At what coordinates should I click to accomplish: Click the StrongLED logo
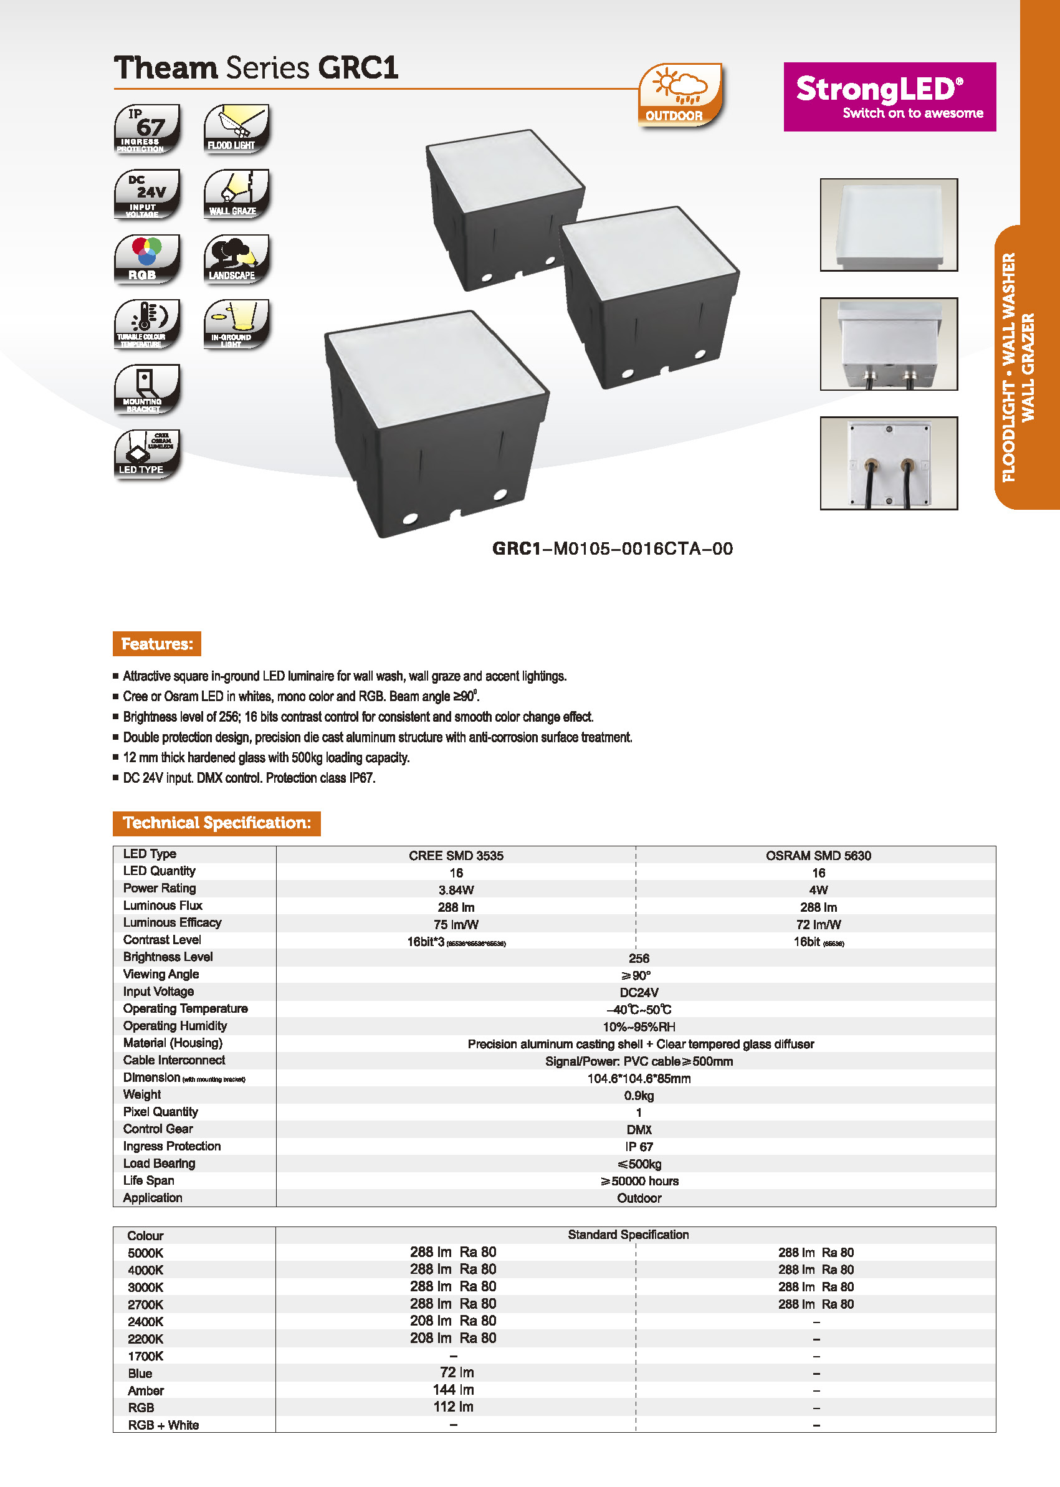889,97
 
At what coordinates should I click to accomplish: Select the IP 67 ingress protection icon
147,128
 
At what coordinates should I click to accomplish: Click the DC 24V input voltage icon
147,194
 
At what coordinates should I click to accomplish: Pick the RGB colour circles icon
147,259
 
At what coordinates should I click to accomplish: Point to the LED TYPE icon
147,454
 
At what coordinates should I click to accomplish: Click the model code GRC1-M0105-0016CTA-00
612,548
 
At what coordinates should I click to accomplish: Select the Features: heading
156,644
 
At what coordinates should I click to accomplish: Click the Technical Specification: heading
217,823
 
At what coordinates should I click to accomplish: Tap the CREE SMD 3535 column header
456,855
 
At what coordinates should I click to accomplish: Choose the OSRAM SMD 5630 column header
818,855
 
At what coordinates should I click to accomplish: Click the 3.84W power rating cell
456,890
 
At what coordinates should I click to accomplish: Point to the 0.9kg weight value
638,1096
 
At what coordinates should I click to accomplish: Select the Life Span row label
149,1180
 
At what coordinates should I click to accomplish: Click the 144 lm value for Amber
454,1389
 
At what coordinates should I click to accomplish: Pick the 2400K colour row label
146,1321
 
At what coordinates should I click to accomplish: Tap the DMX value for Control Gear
638,1129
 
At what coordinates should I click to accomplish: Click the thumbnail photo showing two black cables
889,463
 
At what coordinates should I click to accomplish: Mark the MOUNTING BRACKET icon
147,389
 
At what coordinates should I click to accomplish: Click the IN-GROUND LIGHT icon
236,324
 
